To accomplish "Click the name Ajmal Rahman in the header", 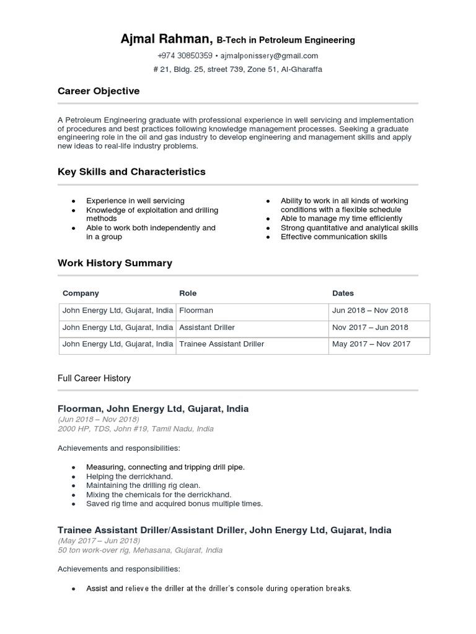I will pyautogui.click(x=167, y=40).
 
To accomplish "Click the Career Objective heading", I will pyautogui.click(x=99, y=91).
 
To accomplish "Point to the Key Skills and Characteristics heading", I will pyautogui.click(x=131, y=172).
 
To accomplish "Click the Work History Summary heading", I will pyautogui.click(x=115, y=263).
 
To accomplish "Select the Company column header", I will pyautogui.click(x=81, y=293).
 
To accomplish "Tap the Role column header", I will pyautogui.click(x=188, y=293).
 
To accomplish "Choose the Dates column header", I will pyautogui.click(x=343, y=293).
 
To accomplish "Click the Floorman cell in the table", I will pyautogui.click(x=196, y=310).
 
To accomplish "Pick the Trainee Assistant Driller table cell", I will pyautogui.click(x=221, y=344).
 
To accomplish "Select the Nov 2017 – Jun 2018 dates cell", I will pyautogui.click(x=370, y=327).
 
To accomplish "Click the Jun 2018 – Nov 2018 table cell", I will pyautogui.click(x=370, y=310).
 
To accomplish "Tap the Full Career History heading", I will pyautogui.click(x=94, y=378).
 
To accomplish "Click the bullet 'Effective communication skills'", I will pyautogui.click(x=333, y=237).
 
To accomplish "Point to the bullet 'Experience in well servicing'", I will pyautogui.click(x=135, y=201).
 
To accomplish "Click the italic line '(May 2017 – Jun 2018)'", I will pyautogui.click(x=99, y=541).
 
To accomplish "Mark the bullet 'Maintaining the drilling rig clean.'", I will pyautogui.click(x=143, y=486).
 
